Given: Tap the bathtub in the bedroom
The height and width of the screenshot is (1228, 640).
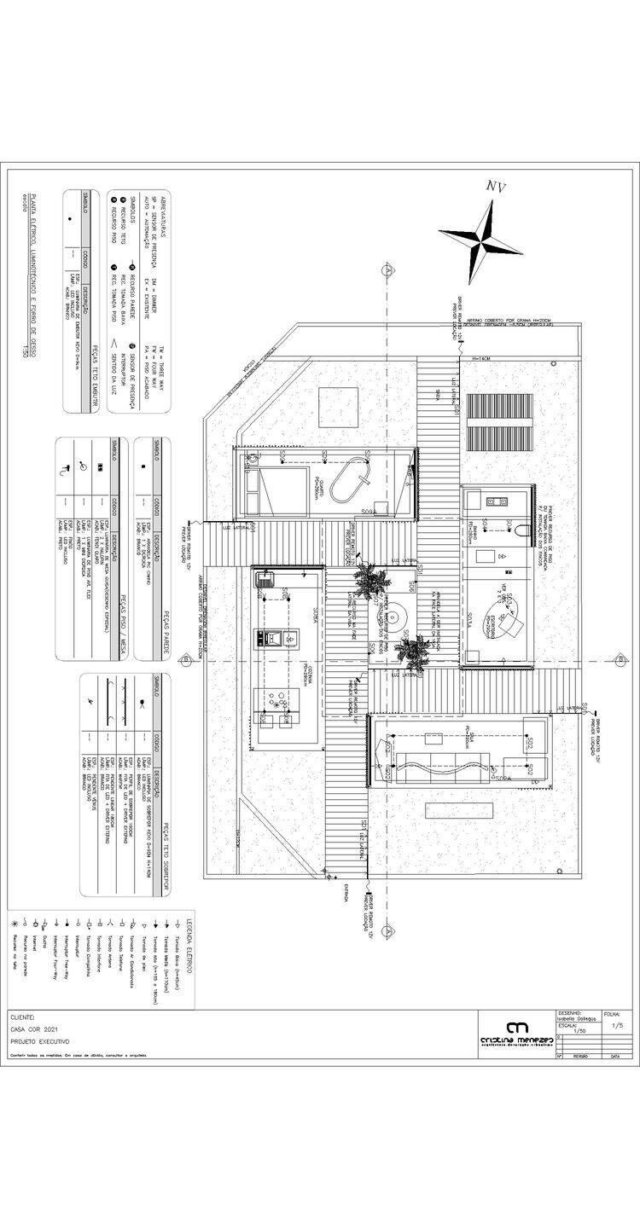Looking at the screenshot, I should click(x=352, y=483).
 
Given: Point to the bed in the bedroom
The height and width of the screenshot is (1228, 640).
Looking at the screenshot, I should click(x=277, y=488).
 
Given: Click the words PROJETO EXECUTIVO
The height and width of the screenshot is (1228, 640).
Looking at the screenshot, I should click(x=40, y=1042).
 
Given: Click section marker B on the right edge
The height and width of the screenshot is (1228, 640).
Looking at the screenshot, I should click(x=618, y=660).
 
